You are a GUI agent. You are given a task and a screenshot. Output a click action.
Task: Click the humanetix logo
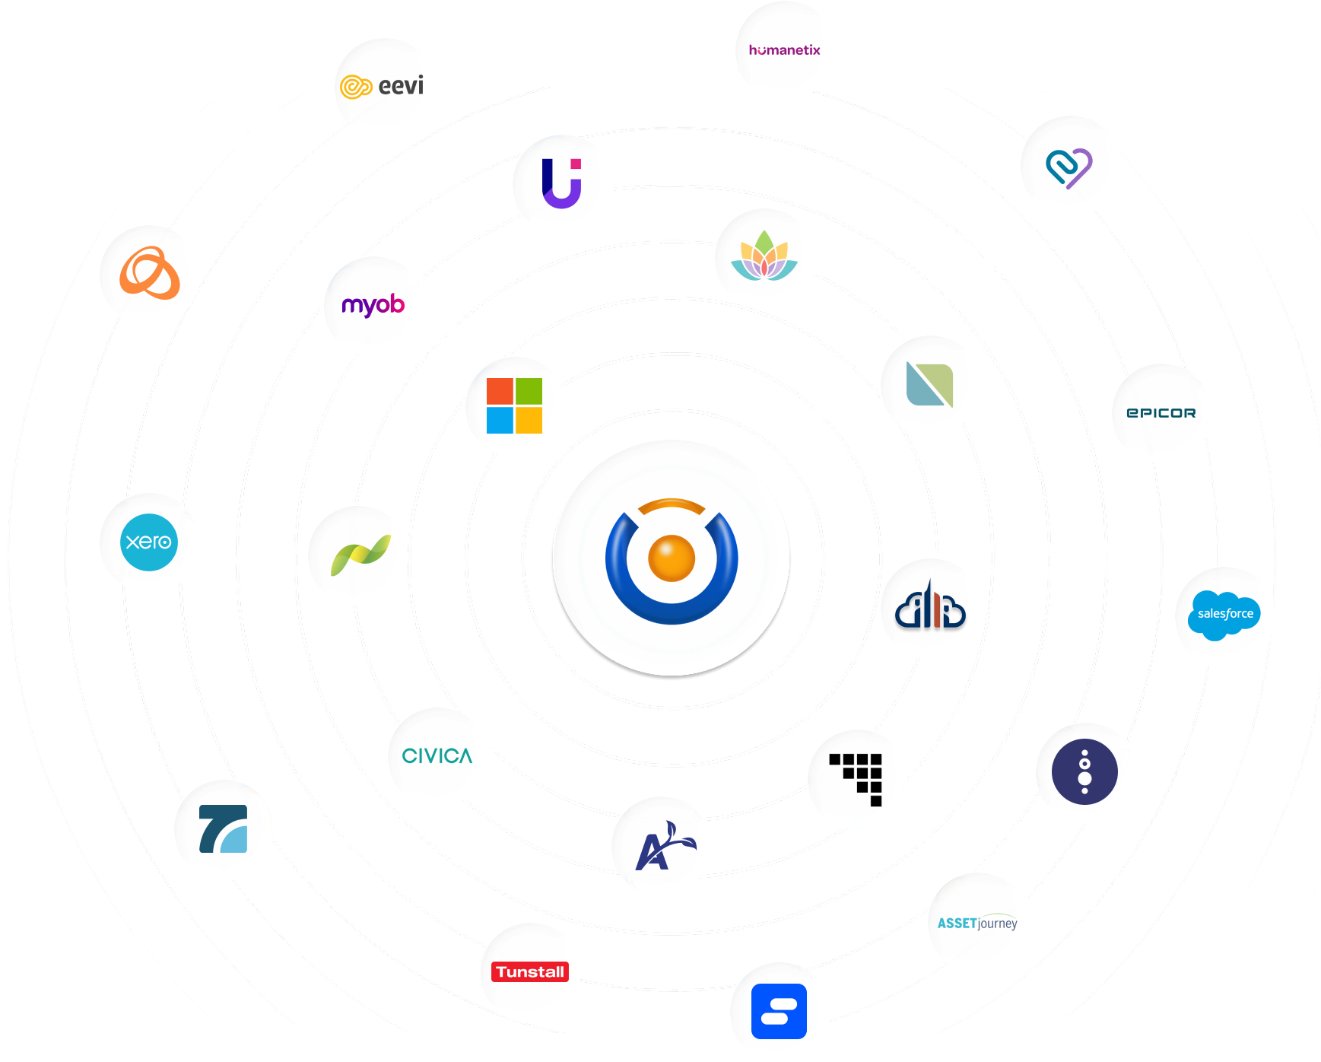[784, 50]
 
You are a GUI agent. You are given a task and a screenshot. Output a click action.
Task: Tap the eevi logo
[383, 87]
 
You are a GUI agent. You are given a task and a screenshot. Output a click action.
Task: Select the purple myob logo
[373, 305]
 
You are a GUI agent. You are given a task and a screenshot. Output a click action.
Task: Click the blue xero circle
[149, 542]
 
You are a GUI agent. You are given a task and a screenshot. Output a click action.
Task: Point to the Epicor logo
[1161, 413]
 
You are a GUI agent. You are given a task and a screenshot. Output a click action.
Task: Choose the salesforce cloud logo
[1224, 615]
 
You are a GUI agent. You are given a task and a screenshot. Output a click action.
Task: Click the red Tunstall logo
[530, 971]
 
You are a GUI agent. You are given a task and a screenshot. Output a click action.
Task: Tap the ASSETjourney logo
[976, 922]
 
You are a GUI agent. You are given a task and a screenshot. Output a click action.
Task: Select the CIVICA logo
[437, 756]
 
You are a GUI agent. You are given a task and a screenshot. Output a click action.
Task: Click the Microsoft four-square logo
[515, 405]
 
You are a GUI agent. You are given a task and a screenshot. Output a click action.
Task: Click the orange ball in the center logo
[672, 558]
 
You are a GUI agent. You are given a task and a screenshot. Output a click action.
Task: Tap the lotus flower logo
[764, 257]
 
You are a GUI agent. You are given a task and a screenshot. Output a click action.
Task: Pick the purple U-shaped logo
[562, 183]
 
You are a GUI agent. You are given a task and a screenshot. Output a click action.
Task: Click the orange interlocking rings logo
[150, 273]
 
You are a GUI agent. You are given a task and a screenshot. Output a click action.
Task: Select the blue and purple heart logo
[1069, 166]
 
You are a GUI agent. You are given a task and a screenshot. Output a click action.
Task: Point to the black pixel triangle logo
[858, 778]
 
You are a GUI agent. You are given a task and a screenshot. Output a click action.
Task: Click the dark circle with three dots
[1084, 771]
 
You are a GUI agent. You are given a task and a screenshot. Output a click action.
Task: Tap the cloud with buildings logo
[930, 608]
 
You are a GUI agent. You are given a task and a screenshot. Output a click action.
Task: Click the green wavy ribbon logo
[359, 555]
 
